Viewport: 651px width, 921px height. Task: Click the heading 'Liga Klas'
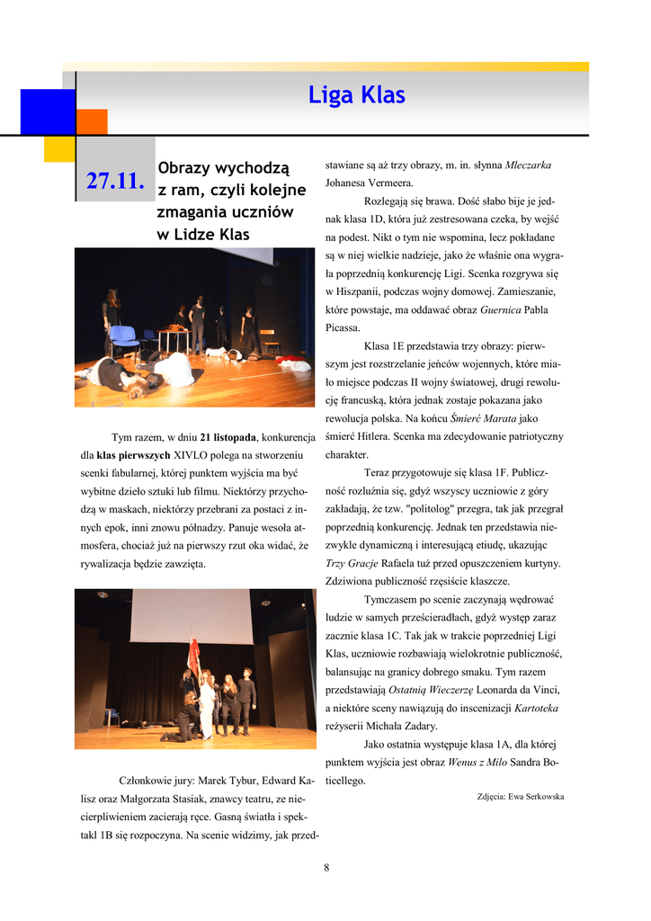357,95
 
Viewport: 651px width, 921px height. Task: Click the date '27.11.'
115,182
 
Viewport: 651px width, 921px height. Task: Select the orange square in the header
92,121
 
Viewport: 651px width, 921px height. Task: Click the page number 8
326,867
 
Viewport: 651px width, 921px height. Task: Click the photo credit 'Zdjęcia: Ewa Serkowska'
520,797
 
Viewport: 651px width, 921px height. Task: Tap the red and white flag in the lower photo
192,657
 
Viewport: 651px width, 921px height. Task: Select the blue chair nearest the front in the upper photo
123,341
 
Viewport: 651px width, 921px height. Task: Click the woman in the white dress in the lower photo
207,706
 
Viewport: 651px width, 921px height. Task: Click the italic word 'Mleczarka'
528,165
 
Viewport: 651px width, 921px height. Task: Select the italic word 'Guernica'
502,310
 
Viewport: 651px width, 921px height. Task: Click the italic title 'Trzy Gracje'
352,563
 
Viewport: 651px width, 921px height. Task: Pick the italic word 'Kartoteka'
536,708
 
